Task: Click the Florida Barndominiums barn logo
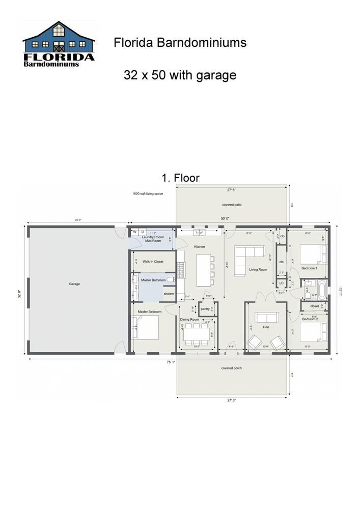tap(59, 45)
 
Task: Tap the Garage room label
tap(75, 284)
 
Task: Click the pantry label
tap(205, 308)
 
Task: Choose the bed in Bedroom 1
tap(311, 253)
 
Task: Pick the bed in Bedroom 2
tap(311, 332)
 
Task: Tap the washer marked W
tap(135, 232)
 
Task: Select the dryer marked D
tap(143, 232)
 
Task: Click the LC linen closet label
tap(281, 283)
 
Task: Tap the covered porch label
tap(231, 367)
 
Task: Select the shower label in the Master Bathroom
tap(169, 294)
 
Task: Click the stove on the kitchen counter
tap(180, 267)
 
